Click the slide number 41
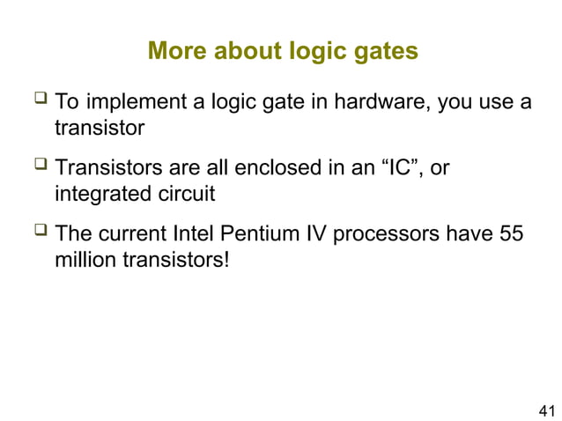pos(546,410)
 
